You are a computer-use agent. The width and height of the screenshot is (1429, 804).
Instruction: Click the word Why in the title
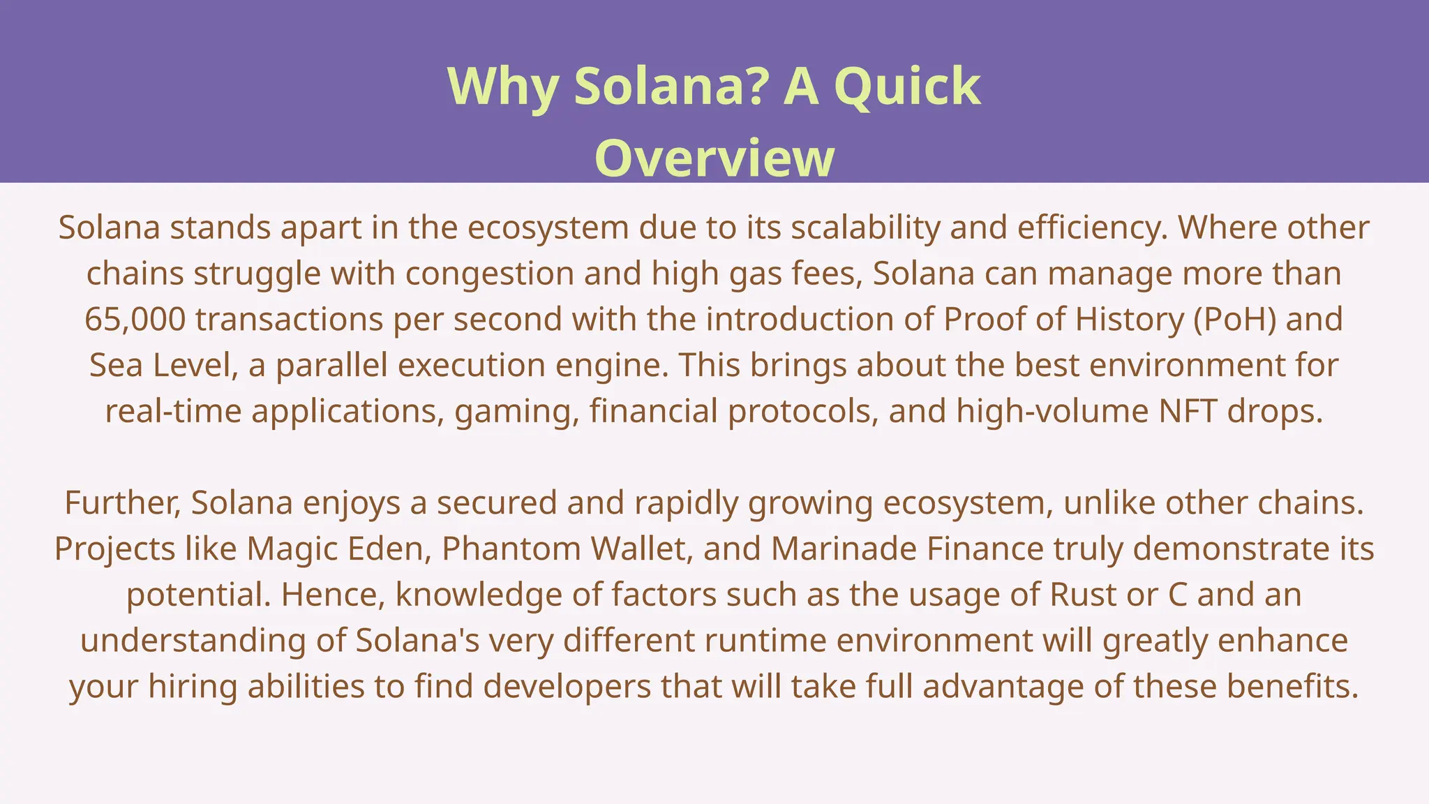(x=502, y=87)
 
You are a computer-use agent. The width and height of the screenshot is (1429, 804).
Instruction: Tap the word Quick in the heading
(x=907, y=87)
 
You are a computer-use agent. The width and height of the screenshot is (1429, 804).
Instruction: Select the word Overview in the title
(x=714, y=158)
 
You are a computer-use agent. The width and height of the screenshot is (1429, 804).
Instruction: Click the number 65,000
(x=135, y=320)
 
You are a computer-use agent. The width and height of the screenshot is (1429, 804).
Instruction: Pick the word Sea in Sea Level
(x=116, y=366)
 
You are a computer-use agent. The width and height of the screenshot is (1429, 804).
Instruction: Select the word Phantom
(x=511, y=549)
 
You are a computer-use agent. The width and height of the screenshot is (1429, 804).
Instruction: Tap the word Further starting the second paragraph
(x=123, y=503)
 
